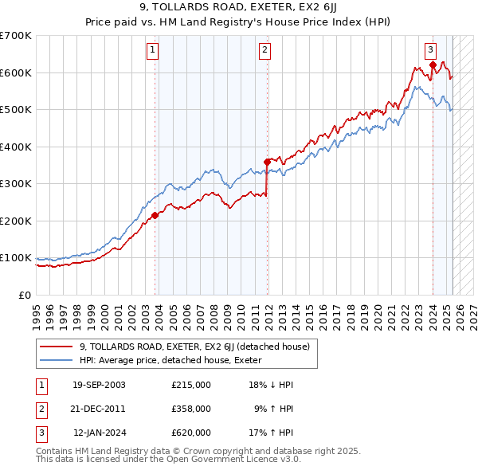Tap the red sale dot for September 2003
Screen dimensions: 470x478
(x=155, y=214)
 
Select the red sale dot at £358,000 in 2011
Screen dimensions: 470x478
(x=267, y=162)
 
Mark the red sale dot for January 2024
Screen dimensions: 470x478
(x=433, y=65)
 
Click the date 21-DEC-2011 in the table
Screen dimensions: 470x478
(x=99, y=409)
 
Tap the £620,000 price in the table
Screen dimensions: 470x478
(x=190, y=433)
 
